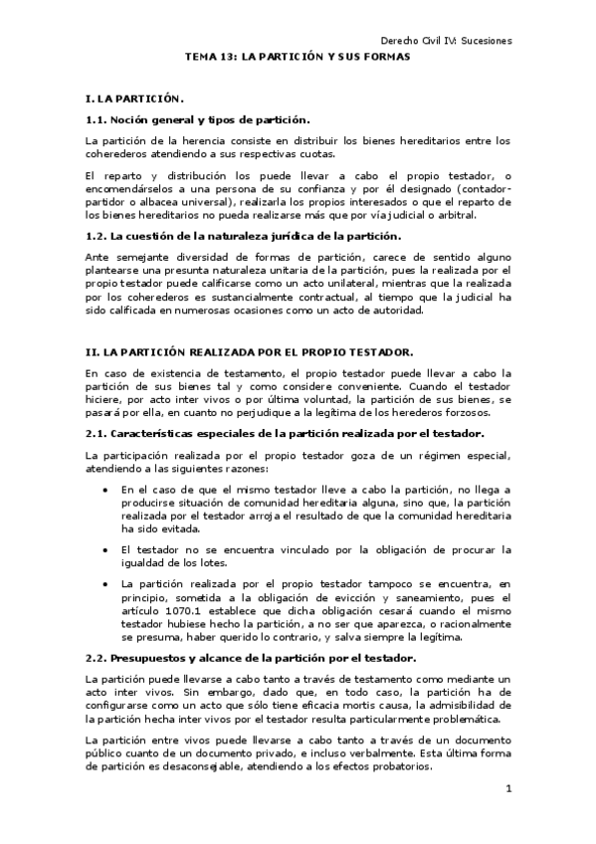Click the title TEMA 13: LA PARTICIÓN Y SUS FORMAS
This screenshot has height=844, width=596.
[x=298, y=58]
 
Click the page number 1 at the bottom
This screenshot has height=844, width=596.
[x=507, y=789]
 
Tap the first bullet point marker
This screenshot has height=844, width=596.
[x=107, y=491]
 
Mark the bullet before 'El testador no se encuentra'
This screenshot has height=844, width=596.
[x=107, y=549]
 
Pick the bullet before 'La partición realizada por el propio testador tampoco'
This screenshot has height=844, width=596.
[x=107, y=583]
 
